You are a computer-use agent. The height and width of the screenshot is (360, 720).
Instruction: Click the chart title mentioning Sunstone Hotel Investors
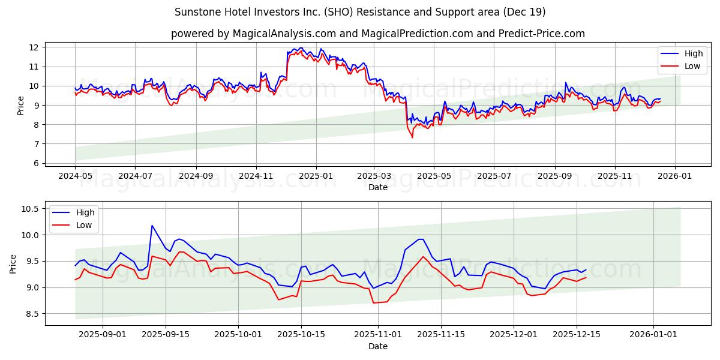(360, 12)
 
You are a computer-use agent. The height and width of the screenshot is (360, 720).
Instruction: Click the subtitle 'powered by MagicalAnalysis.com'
(377, 34)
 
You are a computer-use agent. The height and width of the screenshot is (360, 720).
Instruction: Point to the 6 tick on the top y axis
(35, 163)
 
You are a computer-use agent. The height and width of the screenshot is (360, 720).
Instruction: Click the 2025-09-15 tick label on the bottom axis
(166, 335)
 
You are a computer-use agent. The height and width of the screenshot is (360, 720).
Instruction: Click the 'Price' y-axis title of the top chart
(21, 105)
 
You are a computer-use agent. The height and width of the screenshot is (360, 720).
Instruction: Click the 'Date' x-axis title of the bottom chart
(377, 346)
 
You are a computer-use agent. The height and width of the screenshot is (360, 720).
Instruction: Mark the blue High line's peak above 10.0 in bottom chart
(152, 226)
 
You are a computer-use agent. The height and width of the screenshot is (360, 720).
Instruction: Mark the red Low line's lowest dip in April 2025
(412, 137)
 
